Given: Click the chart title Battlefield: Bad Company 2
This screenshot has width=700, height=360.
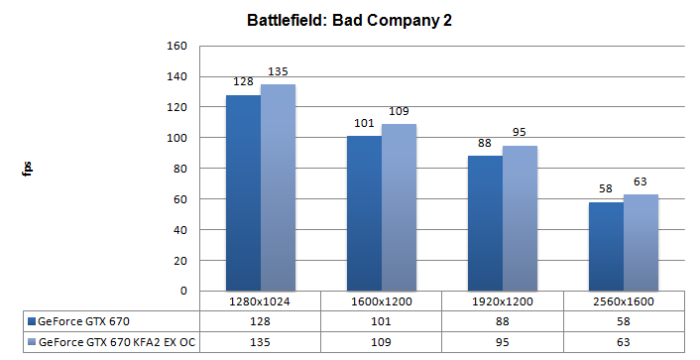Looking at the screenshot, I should (350, 21).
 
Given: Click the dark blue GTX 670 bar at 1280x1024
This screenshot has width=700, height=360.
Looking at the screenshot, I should (243, 192).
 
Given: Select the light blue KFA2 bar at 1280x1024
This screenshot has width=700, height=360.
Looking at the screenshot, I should (278, 187).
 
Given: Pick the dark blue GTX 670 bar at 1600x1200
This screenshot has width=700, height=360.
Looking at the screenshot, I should (364, 213).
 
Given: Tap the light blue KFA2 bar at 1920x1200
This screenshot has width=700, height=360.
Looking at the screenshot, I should (520, 218).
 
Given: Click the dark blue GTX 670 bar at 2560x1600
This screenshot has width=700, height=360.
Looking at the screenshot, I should (606, 246).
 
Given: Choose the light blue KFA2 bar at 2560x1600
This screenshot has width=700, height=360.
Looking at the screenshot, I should (641, 242).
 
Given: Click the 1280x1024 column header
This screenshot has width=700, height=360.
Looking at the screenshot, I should (261, 300).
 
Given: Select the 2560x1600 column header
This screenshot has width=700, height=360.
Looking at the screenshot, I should (623, 300).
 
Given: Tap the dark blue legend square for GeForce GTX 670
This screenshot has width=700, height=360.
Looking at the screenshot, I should (32, 321).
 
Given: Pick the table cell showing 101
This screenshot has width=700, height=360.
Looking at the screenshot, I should (381, 321).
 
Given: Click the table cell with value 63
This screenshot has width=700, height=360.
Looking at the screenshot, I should (623, 342).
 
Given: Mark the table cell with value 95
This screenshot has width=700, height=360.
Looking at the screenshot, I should (502, 342).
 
